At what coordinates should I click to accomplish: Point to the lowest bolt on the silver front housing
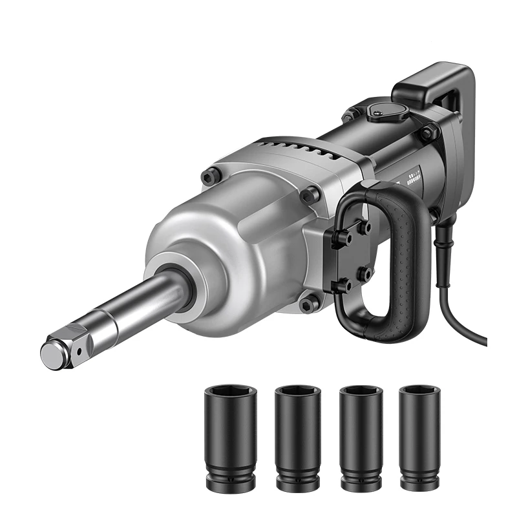pyautogui.click(x=309, y=302)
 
